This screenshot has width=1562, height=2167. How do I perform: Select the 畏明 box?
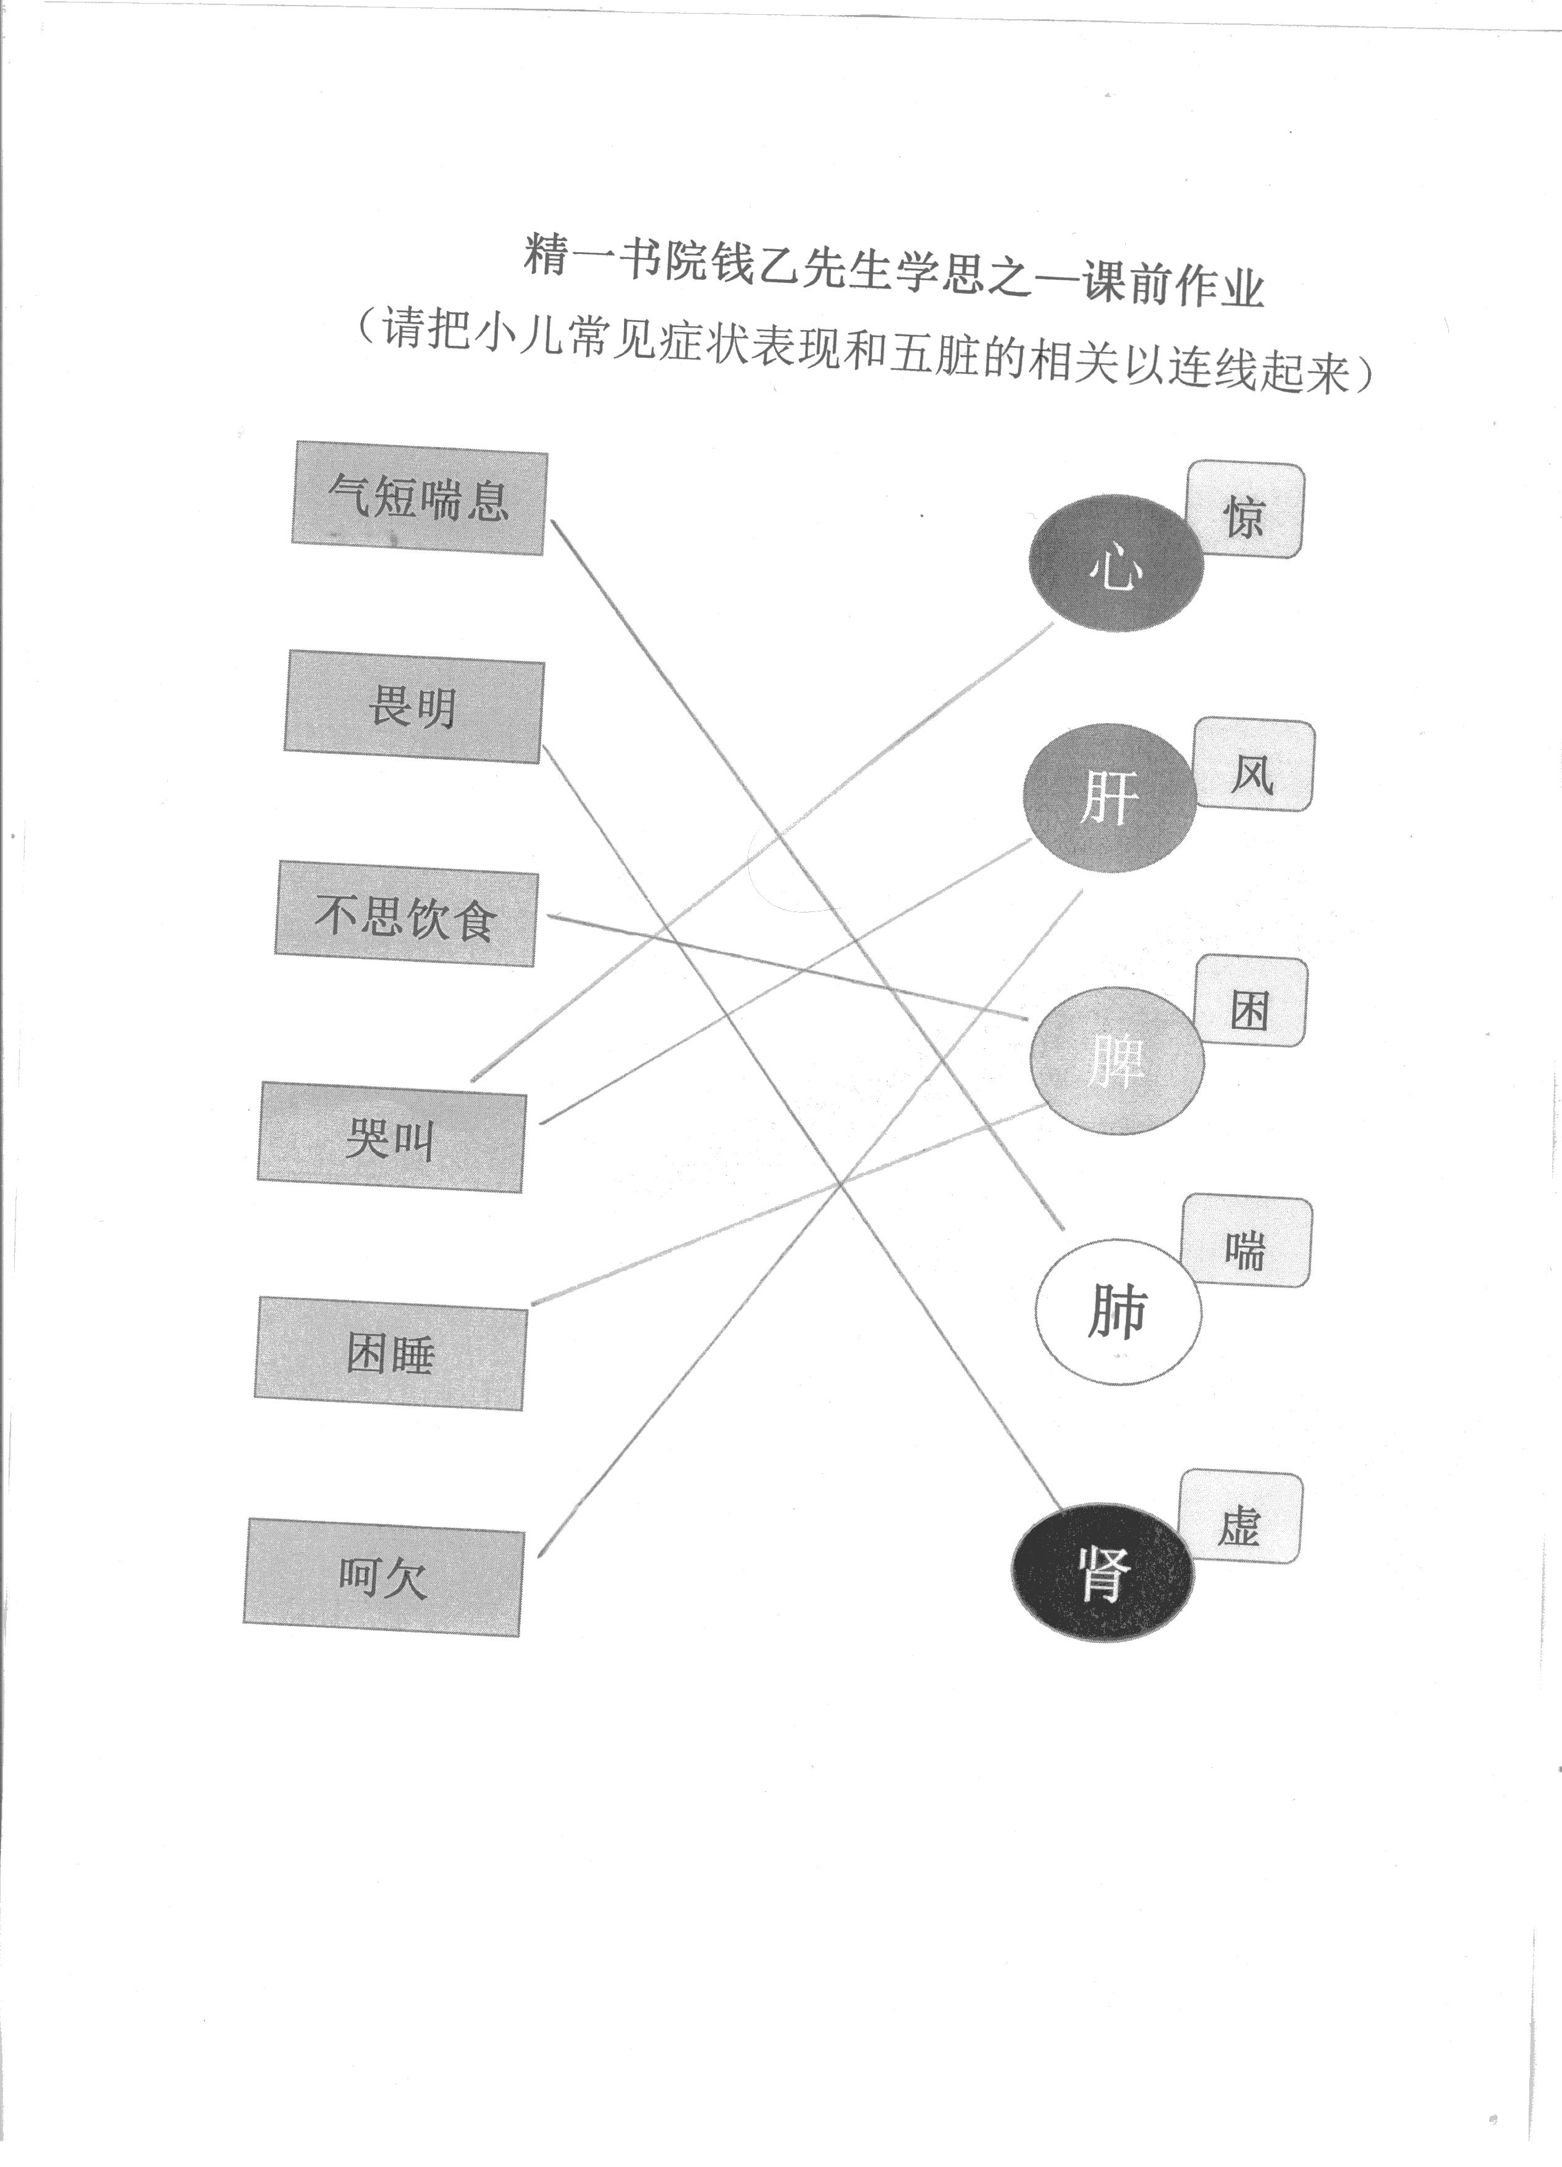pos(413,707)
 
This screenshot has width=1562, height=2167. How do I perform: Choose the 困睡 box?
pos(390,1353)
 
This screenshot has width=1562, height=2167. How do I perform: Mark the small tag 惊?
pos(1246,510)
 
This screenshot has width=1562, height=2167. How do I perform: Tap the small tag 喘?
pos(1246,1242)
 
